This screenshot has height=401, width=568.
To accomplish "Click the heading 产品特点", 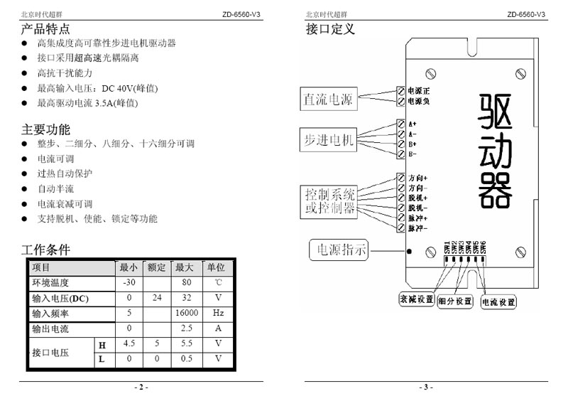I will click(x=45, y=29).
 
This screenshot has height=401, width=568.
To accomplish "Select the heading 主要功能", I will click(x=45, y=129).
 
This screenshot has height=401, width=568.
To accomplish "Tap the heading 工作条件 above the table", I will click(x=45, y=250).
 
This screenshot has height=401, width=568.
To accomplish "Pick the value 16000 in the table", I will click(x=187, y=313).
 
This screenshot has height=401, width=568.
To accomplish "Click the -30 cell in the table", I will click(x=129, y=283).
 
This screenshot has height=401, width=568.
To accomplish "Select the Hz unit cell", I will click(x=219, y=313).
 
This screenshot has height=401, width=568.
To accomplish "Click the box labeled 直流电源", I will click(x=328, y=99).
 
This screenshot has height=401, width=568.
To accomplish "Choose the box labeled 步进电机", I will click(x=328, y=139).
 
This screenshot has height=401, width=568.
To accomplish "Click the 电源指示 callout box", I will click(x=339, y=250).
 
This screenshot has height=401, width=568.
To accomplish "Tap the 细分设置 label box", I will click(x=455, y=301).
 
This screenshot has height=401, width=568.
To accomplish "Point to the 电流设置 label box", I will click(x=498, y=301).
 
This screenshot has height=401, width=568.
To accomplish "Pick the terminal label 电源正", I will click(x=419, y=90).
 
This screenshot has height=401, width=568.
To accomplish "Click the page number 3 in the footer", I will click(x=426, y=387).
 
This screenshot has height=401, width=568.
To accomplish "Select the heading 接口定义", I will click(x=330, y=29).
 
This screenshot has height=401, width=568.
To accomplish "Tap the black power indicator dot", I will click(x=409, y=252).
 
